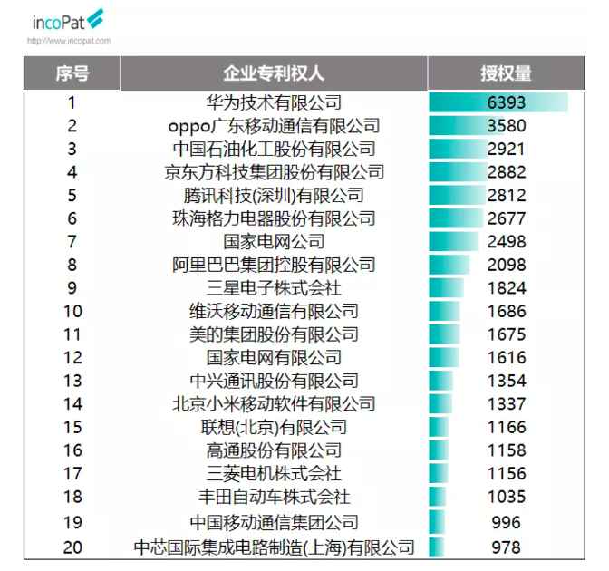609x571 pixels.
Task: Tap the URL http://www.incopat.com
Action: pos(69,41)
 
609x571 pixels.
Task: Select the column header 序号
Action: pos(72,73)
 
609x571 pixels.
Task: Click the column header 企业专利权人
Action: pos(274,73)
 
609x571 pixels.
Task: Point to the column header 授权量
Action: pos(506,73)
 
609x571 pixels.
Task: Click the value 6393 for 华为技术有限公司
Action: pos(506,102)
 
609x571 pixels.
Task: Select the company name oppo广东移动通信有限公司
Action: pos(274,126)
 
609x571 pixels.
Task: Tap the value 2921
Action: pos(506,150)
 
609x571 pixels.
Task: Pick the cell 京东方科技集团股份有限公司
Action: pos(274,172)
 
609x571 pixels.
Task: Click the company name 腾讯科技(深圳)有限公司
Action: pos(274,196)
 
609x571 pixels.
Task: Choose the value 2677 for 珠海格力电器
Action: pos(506,218)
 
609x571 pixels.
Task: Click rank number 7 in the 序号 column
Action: pos(72,242)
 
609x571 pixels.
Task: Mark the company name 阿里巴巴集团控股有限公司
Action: pos(274,266)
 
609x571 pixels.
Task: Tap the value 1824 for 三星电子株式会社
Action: pos(506,288)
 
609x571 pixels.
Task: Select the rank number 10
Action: pos(72,312)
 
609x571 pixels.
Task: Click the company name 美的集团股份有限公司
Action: pos(274,335)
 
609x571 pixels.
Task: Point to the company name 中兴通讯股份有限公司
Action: pos(274,382)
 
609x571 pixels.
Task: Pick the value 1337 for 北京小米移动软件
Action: pos(506,404)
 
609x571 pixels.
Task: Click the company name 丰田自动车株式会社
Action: pos(274,498)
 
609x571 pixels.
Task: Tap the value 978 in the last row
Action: pos(506,547)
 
